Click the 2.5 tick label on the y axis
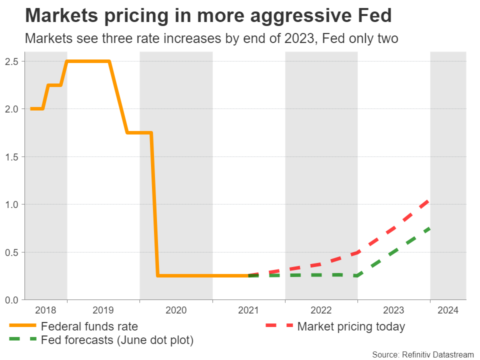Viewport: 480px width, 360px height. pos(12,61)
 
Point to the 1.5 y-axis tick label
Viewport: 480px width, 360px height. pos(12,157)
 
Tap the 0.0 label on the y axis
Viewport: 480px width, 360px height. pos(12,299)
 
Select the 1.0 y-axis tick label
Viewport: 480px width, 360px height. pos(12,204)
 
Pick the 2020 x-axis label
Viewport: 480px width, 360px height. pos(176,310)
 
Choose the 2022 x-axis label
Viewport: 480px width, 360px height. pos(321,310)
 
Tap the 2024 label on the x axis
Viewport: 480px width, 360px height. pos(447,310)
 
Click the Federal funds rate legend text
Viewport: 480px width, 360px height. pos(89,327)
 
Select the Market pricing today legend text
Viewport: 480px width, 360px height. pos(351,327)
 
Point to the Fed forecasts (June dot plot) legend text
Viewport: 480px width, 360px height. pos(117,340)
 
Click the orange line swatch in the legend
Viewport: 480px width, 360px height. pos(22,326)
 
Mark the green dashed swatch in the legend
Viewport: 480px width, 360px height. pos(22,339)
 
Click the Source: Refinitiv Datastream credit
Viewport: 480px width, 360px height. pos(422,354)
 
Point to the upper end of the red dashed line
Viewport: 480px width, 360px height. pos(429,200)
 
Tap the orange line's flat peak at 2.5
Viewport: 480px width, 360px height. pos(88,61)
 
